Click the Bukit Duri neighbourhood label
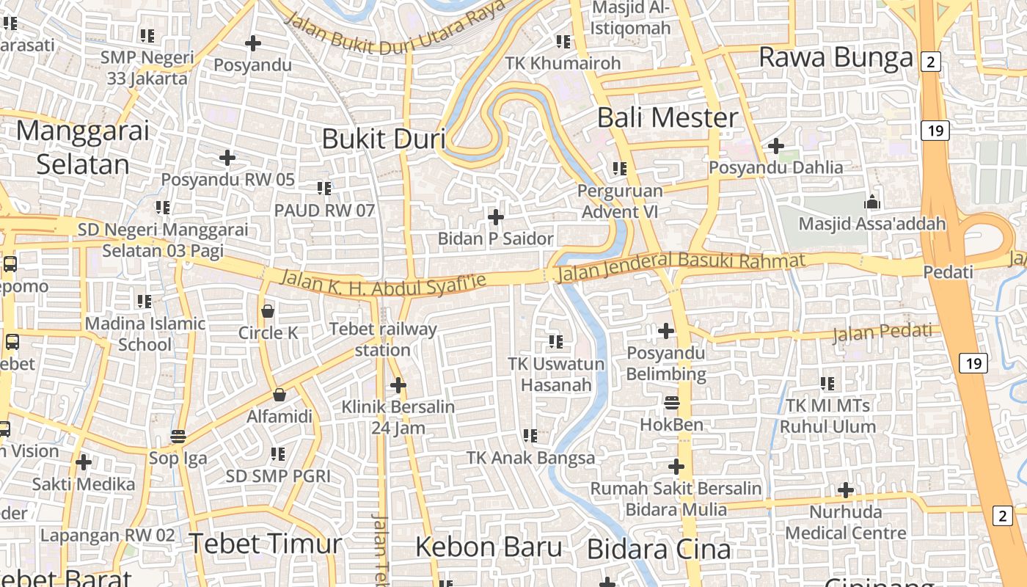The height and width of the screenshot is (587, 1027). click(x=384, y=138)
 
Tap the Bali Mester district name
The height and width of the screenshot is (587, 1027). click(x=668, y=117)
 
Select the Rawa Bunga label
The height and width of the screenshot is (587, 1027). click(x=836, y=57)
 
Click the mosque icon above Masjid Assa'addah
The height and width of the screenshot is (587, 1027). click(x=871, y=201)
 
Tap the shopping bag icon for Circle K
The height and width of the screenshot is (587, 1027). click(x=268, y=311)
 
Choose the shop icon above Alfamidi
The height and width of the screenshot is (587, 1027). click(x=279, y=395)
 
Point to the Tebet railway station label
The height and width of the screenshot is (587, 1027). click(x=383, y=340)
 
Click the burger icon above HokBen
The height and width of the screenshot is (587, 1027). click(x=671, y=403)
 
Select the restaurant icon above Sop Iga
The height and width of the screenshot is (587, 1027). click(x=178, y=437)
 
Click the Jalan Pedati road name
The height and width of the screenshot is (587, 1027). click(x=885, y=334)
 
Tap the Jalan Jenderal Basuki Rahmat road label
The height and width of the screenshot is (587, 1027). click(x=681, y=266)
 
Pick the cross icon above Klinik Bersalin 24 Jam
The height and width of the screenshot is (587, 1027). click(x=398, y=384)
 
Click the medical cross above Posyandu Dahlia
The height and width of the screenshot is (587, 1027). click(x=775, y=145)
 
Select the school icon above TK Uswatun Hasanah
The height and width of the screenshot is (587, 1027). click(x=556, y=341)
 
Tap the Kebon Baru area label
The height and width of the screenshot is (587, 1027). click(x=489, y=547)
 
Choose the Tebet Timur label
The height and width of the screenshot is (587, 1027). click(x=266, y=544)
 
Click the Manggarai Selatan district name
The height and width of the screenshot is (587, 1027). click(x=82, y=147)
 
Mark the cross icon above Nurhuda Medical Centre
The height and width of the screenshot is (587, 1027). click(x=845, y=489)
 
